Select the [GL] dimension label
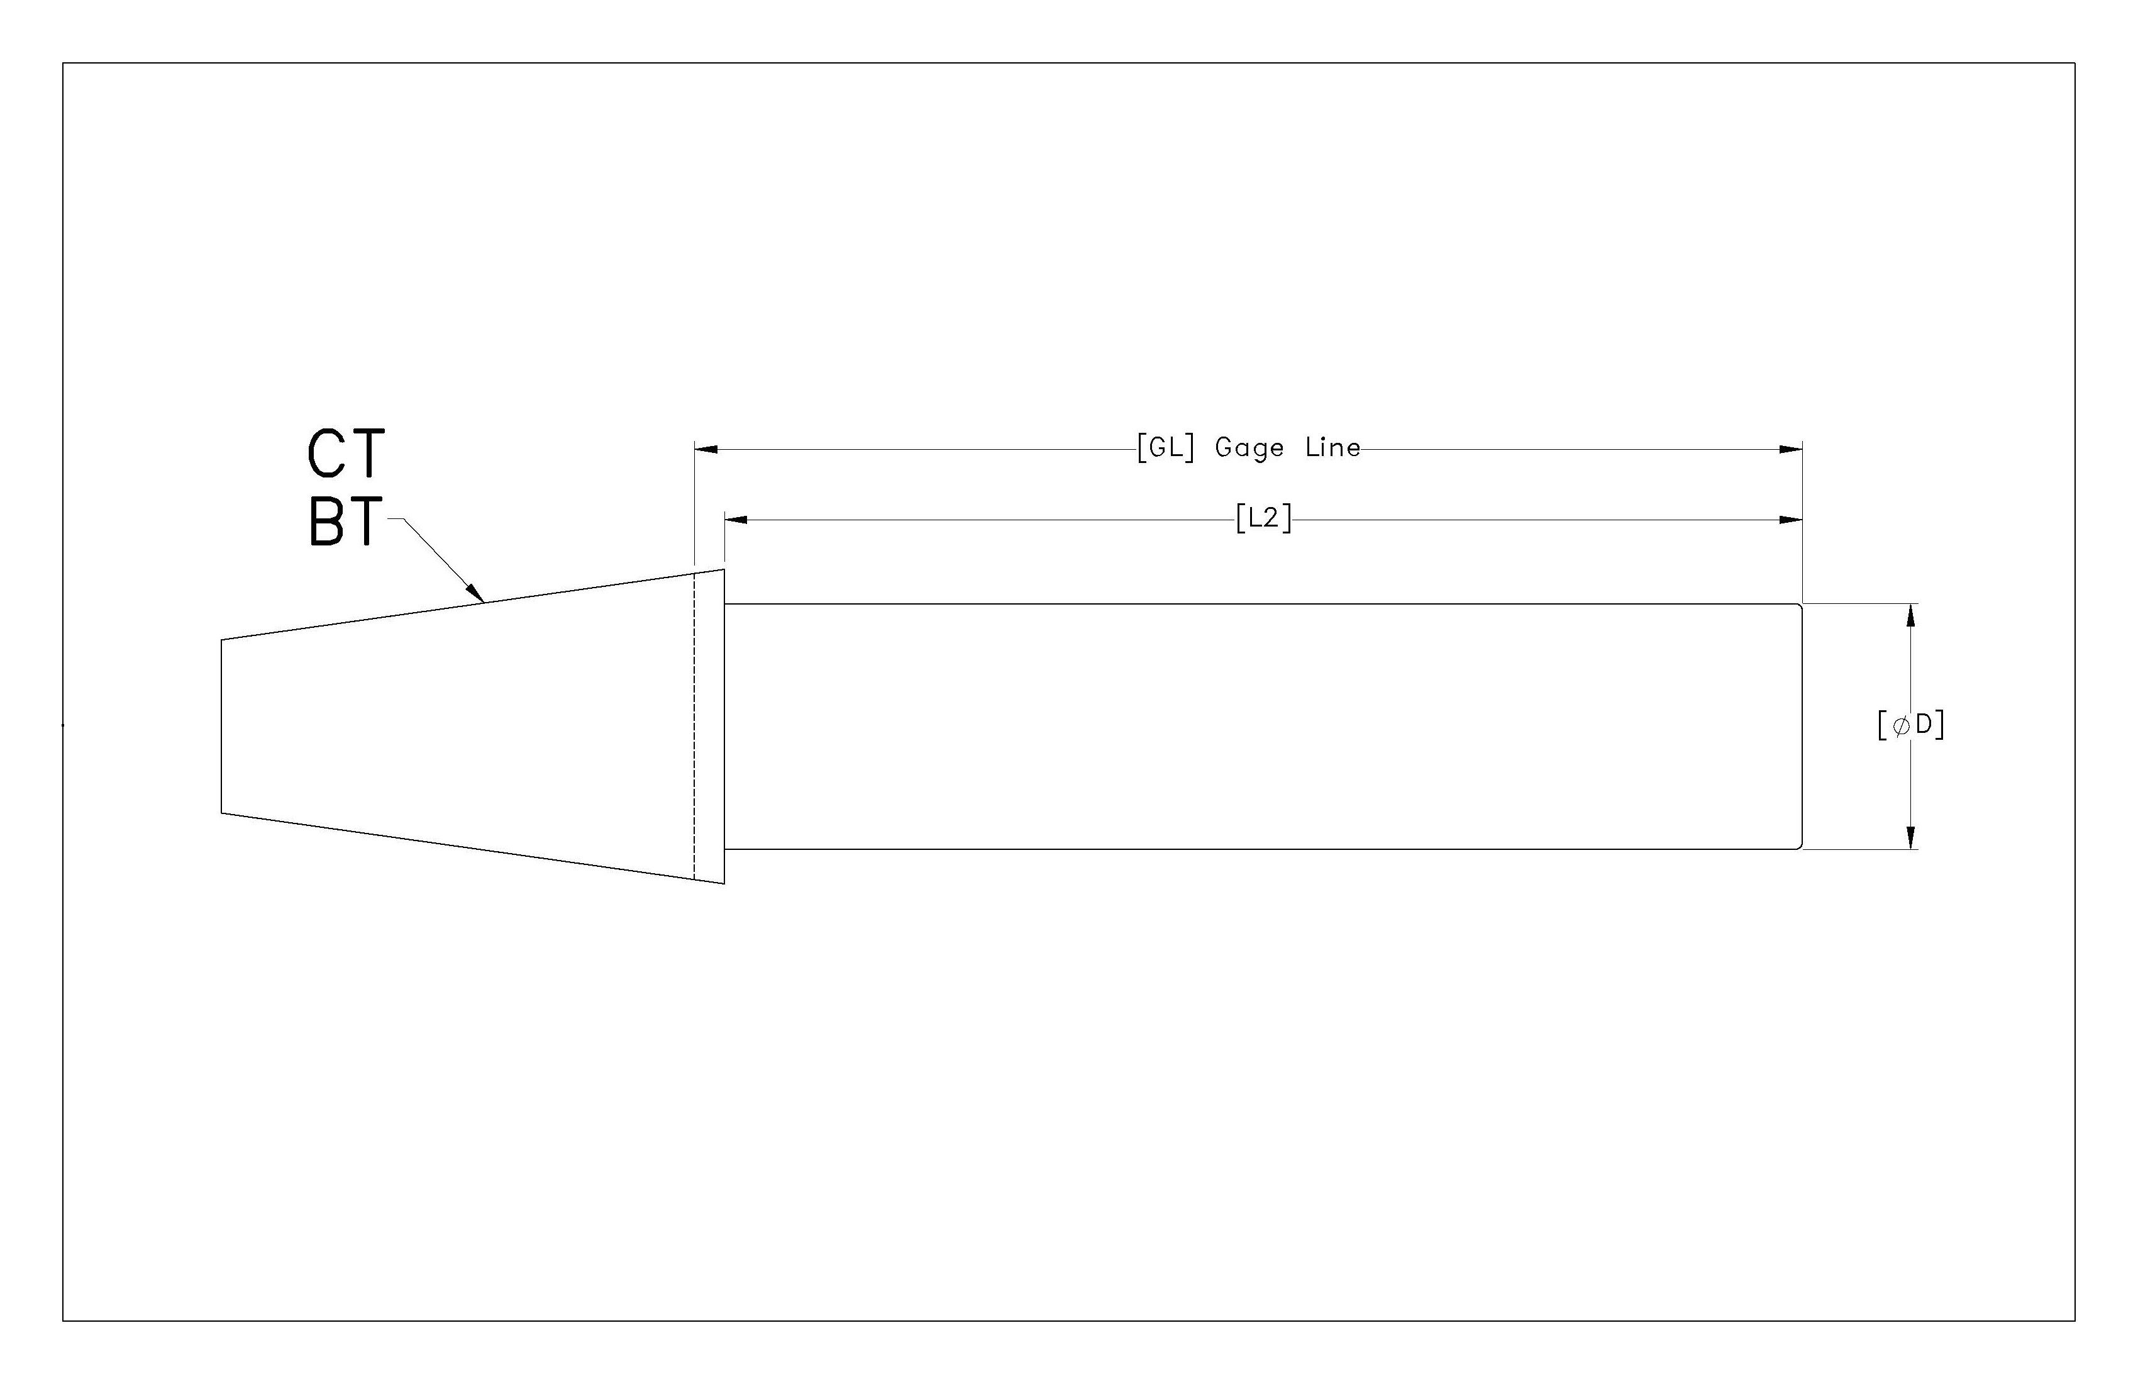1165,447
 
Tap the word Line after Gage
1332,447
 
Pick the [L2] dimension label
1263,518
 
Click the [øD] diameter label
1911,725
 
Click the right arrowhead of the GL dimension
1792,449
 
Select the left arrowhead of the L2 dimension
736,520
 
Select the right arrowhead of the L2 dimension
1792,520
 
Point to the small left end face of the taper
222,726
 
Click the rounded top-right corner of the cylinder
1799,606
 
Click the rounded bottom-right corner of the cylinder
1799,845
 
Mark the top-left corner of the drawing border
63,63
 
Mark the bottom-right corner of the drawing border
2075,1321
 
